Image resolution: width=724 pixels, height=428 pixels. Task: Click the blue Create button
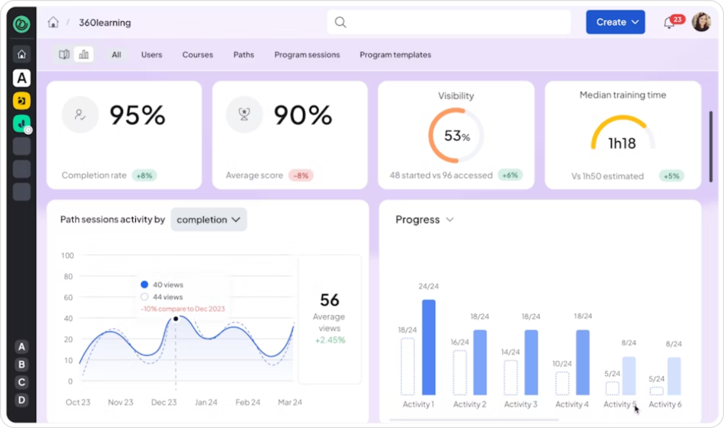point(615,22)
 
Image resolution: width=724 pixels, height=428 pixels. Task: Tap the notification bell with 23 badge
point(669,23)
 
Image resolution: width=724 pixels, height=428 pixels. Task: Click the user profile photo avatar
point(701,22)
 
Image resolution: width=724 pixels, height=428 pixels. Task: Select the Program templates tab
point(395,55)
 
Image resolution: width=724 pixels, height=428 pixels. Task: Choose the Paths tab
point(243,55)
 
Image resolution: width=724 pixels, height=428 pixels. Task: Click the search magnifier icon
point(341,23)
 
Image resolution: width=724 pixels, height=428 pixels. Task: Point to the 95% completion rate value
point(137,115)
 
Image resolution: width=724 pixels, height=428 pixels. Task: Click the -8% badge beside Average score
point(300,176)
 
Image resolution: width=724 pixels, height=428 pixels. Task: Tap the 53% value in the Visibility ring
point(456,135)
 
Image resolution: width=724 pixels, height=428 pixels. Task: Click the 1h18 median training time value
point(622,143)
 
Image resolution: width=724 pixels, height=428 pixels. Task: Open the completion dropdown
point(208,219)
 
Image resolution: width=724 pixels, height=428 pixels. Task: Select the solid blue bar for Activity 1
point(429,347)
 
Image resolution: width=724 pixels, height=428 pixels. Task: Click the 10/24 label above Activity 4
point(563,364)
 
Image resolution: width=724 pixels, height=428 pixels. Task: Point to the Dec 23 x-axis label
point(163,402)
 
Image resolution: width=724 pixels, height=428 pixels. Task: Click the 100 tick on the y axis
point(67,255)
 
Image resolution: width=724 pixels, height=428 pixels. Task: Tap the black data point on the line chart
point(176,318)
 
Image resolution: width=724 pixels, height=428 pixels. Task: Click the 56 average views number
point(329,300)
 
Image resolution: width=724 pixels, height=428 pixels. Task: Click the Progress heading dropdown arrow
point(450,219)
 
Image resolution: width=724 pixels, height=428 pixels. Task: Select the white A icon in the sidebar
point(22,78)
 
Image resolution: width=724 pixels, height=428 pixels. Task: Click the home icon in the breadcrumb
point(54,23)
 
